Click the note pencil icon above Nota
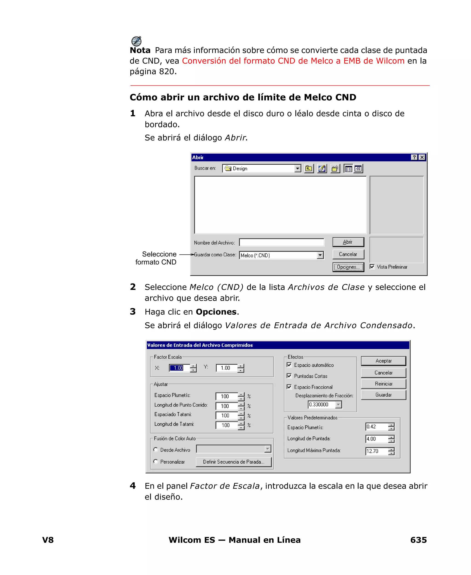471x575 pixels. [x=136, y=41]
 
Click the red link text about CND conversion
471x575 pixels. [x=293, y=61]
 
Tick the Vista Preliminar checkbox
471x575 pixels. [x=372, y=267]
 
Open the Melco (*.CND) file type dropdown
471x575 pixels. [x=320, y=255]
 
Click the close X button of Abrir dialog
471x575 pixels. [x=422, y=157]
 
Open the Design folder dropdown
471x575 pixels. [x=298, y=168]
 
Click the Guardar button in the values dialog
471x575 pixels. [x=383, y=395]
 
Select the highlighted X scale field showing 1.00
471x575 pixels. [x=179, y=368]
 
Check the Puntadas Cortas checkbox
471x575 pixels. [x=289, y=376]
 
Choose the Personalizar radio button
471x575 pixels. [x=156, y=461]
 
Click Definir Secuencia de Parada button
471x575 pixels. [x=233, y=462]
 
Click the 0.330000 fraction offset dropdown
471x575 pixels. [x=338, y=405]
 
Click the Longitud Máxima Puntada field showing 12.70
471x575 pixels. [x=376, y=451]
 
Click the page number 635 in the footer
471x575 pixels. [x=418, y=540]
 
